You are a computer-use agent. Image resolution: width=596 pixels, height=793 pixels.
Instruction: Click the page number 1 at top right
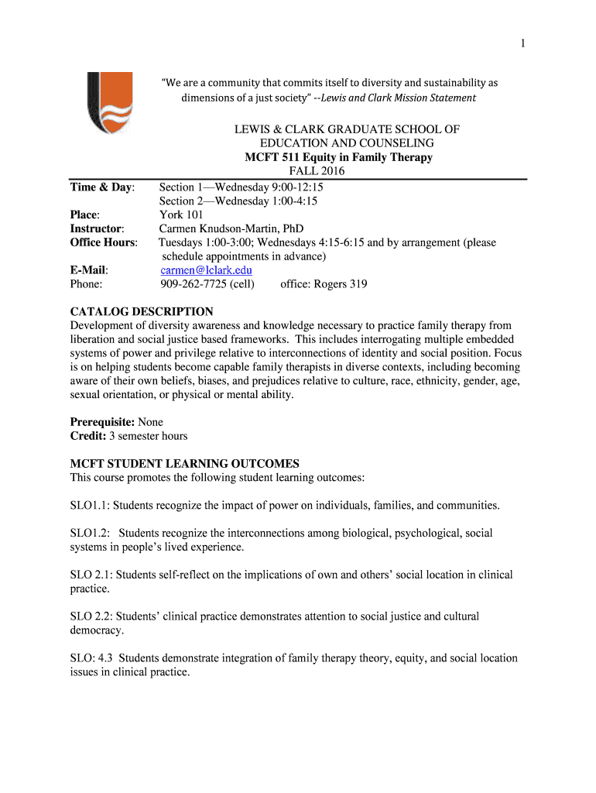tap(522, 44)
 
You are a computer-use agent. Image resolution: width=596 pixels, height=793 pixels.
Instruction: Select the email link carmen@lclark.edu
tap(206, 270)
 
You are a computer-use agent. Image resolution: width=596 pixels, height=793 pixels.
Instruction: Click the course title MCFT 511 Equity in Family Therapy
tap(338, 157)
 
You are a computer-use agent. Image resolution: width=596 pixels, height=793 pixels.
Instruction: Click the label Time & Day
tap(103, 187)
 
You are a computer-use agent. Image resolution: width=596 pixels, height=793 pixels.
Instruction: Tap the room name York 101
tap(181, 215)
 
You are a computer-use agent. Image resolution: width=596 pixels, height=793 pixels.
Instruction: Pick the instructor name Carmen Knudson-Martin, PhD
tap(231, 228)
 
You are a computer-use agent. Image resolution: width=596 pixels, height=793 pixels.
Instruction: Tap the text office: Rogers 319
tap(324, 284)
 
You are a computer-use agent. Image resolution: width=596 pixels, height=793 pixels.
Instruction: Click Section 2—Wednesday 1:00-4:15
tap(238, 201)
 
